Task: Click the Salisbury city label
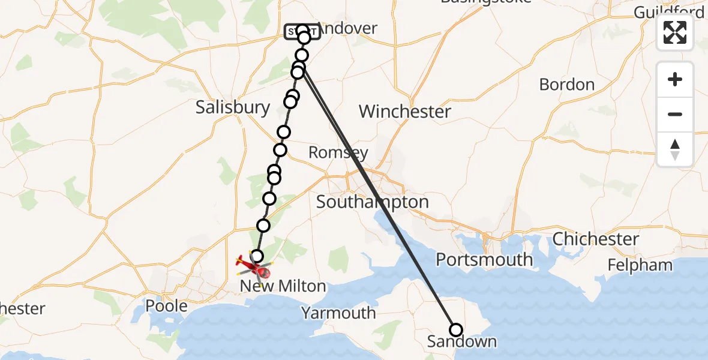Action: tap(233, 107)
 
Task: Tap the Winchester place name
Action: tap(405, 111)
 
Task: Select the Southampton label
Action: tap(372, 202)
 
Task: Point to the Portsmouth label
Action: tap(484, 260)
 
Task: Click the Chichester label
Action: tap(596, 239)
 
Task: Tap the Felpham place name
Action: tap(640, 265)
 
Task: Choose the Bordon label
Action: tap(567, 85)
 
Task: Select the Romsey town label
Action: tap(338, 152)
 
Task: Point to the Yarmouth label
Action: tap(338, 313)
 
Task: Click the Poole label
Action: tap(167, 305)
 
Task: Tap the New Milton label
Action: tap(283, 286)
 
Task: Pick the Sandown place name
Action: tap(462, 342)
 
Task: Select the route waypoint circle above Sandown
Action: tap(456, 330)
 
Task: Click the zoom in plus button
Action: tap(675, 79)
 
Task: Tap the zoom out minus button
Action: tap(675, 114)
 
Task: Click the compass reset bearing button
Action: tap(675, 149)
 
